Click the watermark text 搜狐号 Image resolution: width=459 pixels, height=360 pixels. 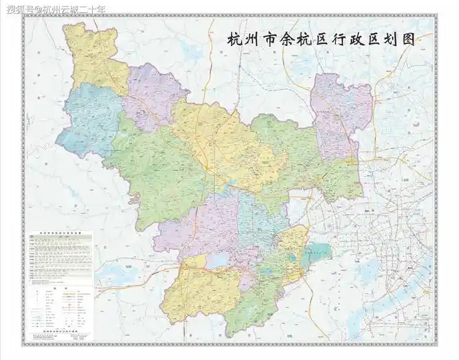[18, 8]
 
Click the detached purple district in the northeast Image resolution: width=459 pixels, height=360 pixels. [341, 112]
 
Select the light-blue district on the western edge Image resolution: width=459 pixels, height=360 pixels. [85, 119]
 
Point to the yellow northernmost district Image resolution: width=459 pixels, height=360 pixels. [94, 54]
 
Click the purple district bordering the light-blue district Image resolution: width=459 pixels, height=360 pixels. [151, 97]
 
